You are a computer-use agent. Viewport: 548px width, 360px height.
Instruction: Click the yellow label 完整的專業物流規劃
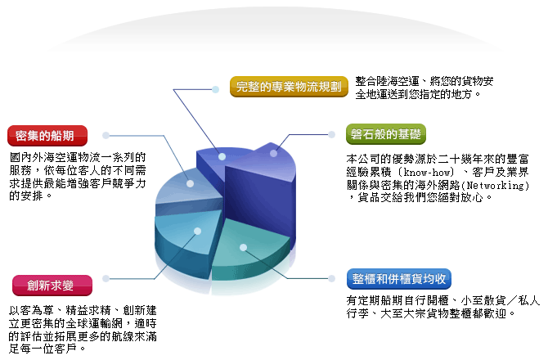coord(289,87)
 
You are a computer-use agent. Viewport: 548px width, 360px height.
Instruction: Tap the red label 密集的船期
coord(47,136)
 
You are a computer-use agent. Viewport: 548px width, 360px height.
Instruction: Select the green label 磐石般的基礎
coord(386,134)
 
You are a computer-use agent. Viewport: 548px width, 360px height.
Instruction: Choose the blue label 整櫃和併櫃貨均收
coord(399,279)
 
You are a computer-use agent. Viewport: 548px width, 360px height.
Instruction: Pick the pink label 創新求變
coord(52,286)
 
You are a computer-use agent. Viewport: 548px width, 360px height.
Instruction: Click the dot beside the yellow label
coord(216,89)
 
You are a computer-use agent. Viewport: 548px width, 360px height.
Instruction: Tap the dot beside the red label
coord(106,135)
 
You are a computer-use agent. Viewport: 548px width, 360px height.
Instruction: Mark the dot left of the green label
coord(332,134)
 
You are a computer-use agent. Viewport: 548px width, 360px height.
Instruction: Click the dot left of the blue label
coord(332,278)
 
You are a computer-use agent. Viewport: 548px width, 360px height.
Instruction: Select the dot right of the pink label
coord(106,278)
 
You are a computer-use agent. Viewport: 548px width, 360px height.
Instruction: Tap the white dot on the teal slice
coord(243,247)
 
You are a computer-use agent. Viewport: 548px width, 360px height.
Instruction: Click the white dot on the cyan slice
coord(197,231)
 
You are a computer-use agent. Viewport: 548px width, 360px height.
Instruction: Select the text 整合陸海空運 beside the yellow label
coord(387,82)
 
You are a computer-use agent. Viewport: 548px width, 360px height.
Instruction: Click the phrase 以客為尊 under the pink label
coord(31,310)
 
